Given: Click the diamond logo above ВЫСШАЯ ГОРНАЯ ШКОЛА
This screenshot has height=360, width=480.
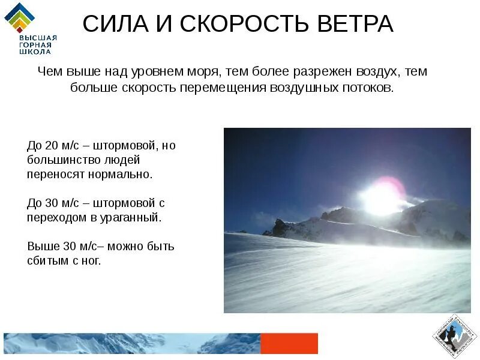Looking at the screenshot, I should (x=20, y=17).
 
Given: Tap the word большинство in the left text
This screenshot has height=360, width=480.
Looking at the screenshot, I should (x=58, y=160).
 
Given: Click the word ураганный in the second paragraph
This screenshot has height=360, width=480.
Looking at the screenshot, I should (x=134, y=217).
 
